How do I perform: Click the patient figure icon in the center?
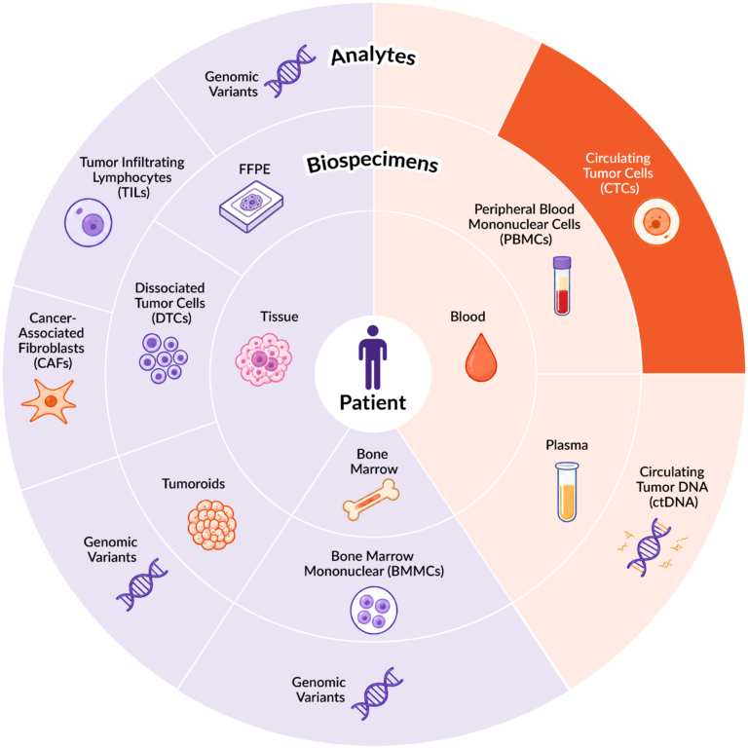click(x=373, y=357)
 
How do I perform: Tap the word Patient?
click(x=373, y=402)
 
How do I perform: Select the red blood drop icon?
click(x=481, y=357)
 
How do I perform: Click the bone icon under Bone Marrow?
click(x=371, y=500)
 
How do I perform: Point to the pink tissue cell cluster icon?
click(x=263, y=359)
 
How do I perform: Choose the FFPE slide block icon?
click(x=251, y=206)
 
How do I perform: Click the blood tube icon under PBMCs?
click(x=562, y=285)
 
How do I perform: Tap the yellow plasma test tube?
click(x=567, y=492)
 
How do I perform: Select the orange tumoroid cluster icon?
click(x=211, y=525)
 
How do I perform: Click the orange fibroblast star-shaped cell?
click(x=49, y=400)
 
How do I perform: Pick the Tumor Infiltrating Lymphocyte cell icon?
click(x=89, y=223)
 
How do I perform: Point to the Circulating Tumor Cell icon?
click(x=655, y=222)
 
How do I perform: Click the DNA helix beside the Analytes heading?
click(x=289, y=71)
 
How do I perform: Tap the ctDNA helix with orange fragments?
click(x=651, y=547)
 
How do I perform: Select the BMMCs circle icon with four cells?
click(x=374, y=610)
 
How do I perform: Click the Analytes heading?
click(x=374, y=56)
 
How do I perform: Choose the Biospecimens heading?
click(x=372, y=164)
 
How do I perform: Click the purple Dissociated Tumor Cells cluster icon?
click(x=164, y=357)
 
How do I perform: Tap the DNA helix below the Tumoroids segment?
click(x=141, y=584)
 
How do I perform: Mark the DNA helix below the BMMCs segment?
click(x=377, y=693)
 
